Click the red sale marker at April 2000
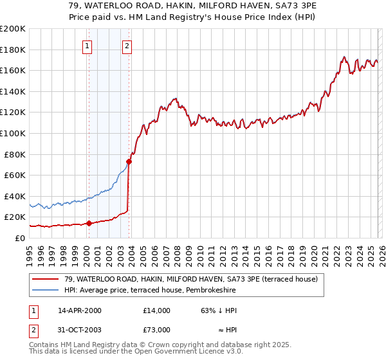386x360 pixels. tap(89, 223)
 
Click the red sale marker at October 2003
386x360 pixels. tap(129, 161)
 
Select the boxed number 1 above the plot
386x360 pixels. tap(87, 46)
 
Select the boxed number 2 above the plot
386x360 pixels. tap(127, 46)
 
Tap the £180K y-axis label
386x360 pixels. tap(13, 50)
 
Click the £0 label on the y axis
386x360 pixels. tap(19, 238)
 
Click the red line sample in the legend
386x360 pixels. tap(46, 280)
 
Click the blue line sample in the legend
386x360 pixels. tap(46, 291)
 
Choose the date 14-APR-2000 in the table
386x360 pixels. tap(80, 310)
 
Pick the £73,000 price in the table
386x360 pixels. tap(156, 330)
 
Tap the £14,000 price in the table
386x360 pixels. tap(156, 310)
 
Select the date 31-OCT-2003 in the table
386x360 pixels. tap(80, 330)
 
